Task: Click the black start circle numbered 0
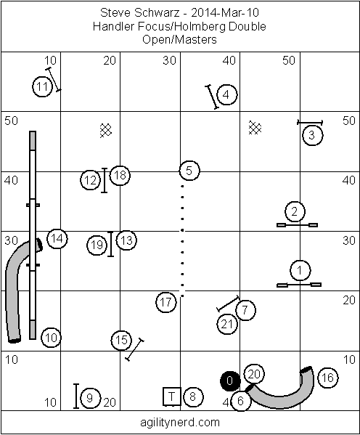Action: coord(230,381)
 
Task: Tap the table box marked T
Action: coord(172,397)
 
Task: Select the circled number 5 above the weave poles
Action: coord(189,171)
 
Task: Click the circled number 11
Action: coord(43,86)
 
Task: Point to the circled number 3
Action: coord(312,135)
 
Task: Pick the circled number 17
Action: coord(166,302)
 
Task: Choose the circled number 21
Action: coord(227,324)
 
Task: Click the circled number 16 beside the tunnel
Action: coord(327,378)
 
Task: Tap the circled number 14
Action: coord(57,239)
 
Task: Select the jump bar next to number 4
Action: coord(212,97)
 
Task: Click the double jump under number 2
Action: coord(298,225)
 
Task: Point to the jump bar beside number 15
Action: coord(135,349)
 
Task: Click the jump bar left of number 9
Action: coord(76,397)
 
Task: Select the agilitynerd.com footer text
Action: coord(180,423)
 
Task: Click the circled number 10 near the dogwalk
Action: coord(51,338)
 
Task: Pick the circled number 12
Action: coord(91,180)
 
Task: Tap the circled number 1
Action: coord(300,270)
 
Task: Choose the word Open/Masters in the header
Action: coord(179,39)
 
